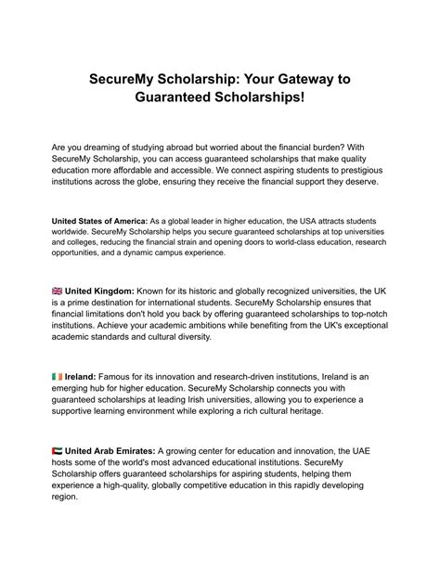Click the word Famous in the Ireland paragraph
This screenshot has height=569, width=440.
click(x=130, y=376)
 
